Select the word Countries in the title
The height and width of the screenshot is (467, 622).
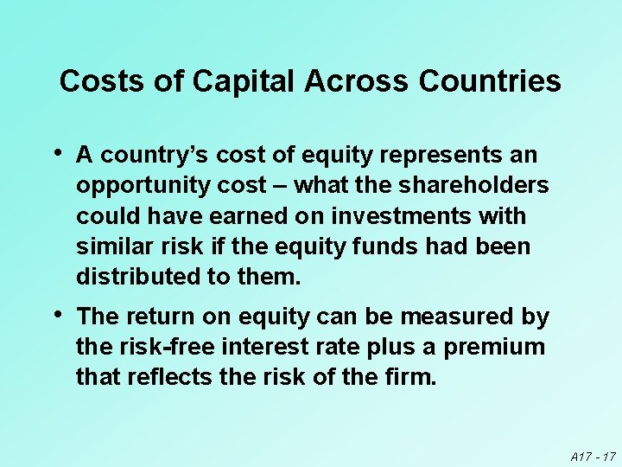[x=489, y=81]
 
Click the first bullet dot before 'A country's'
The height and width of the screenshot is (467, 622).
[x=57, y=154]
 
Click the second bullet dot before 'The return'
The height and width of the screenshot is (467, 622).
[x=57, y=317]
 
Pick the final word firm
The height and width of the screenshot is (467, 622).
[x=412, y=378]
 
